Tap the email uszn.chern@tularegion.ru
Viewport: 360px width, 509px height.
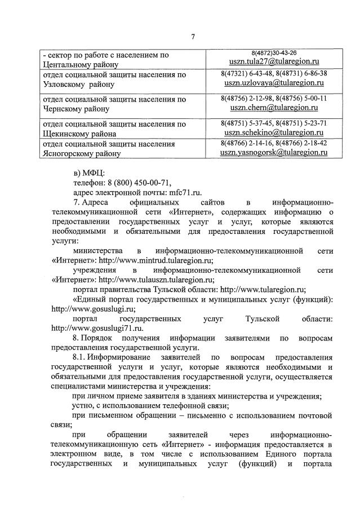[275, 107]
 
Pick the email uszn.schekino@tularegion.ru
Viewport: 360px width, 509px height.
[275, 132]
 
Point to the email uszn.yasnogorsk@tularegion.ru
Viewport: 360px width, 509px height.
[275, 152]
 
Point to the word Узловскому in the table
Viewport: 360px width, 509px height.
[67, 85]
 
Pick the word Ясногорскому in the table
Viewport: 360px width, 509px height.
[70, 153]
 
